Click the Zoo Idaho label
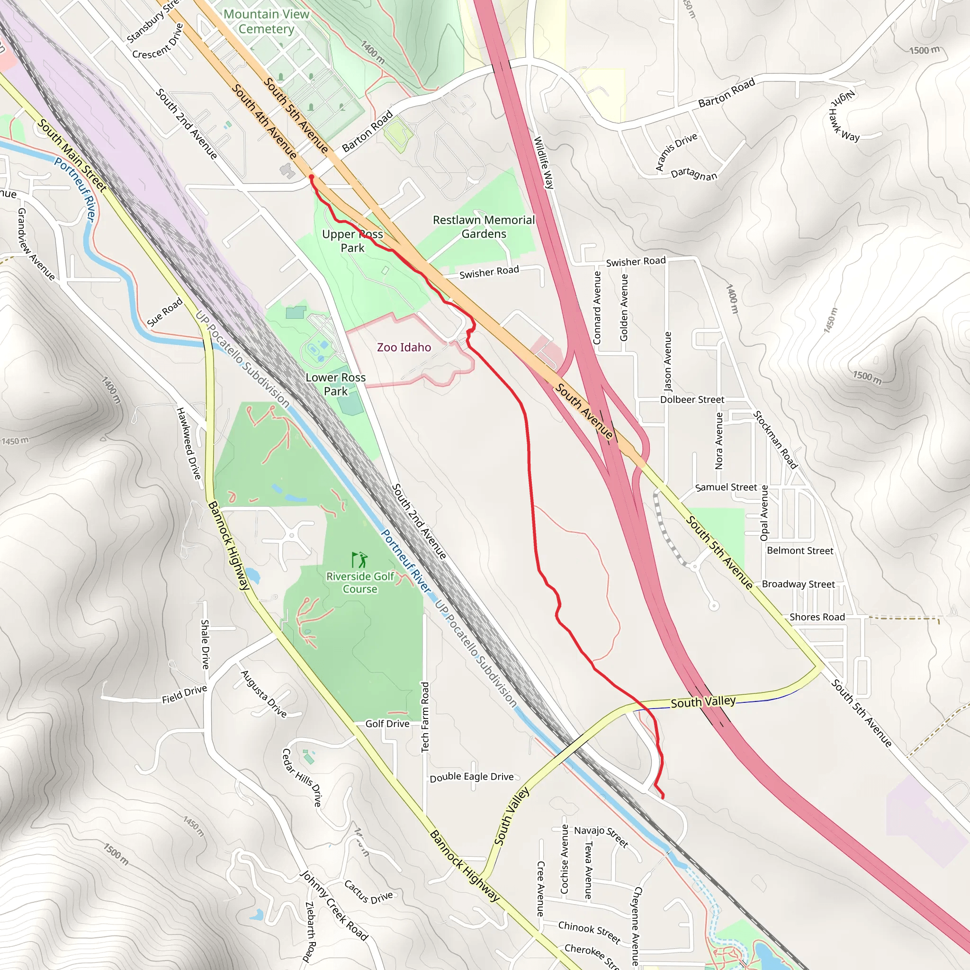click(404, 348)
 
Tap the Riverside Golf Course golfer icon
click(359, 559)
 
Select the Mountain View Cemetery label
click(266, 22)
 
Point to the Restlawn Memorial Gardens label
click(484, 227)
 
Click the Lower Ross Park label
click(335, 384)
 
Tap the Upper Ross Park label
click(352, 241)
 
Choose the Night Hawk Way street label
click(844, 117)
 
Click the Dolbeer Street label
click(692, 400)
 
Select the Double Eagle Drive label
click(471, 777)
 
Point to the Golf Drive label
click(387, 724)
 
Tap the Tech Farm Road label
click(425, 717)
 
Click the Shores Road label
click(817, 617)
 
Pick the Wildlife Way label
click(544, 162)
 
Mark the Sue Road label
click(165, 312)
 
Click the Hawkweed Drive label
click(189, 443)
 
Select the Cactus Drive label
click(368, 892)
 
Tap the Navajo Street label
click(601, 836)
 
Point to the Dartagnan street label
click(694, 174)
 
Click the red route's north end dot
click(311, 177)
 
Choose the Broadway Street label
click(798, 584)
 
